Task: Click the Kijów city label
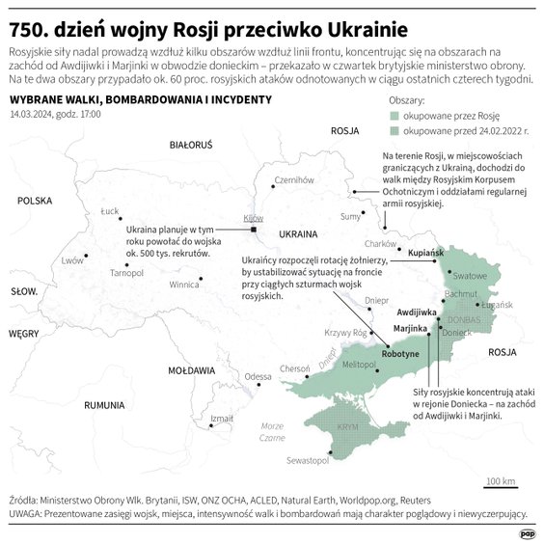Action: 254,219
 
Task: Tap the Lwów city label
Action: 72,260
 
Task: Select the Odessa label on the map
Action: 258,376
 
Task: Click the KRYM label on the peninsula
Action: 346,425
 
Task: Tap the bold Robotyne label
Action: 400,354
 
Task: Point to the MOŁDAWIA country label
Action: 190,369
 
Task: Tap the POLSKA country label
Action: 34,201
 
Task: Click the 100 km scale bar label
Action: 501,480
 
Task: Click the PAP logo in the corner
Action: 528,533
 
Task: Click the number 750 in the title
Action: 30,20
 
